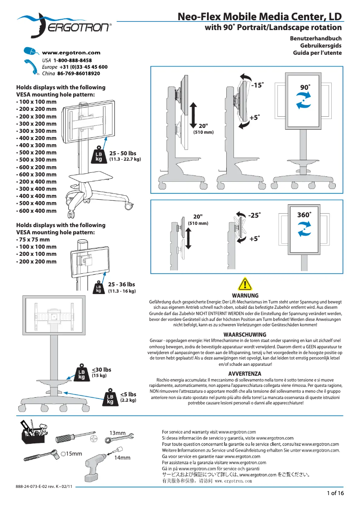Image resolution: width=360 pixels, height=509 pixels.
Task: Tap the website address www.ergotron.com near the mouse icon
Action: (71, 53)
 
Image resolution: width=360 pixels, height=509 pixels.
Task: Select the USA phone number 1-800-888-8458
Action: (72, 60)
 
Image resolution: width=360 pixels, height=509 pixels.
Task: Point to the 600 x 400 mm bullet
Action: (36, 211)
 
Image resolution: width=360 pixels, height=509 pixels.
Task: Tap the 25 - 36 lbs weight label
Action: (121, 285)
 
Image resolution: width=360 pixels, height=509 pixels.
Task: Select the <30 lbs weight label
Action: (101, 370)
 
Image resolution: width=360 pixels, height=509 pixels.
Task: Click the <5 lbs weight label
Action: (128, 395)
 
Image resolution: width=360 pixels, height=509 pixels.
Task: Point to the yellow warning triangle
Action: (245, 284)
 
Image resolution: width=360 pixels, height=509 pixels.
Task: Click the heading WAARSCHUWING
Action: (245, 334)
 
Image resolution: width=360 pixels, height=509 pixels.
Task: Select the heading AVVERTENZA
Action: (245, 373)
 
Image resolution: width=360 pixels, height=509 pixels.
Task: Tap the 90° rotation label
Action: (305, 87)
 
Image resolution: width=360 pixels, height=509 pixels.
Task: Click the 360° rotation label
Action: (304, 215)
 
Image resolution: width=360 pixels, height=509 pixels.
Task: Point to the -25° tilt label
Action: (254, 215)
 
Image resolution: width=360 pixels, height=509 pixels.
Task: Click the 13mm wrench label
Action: (118, 433)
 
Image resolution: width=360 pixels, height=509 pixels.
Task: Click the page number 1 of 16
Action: (335, 493)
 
